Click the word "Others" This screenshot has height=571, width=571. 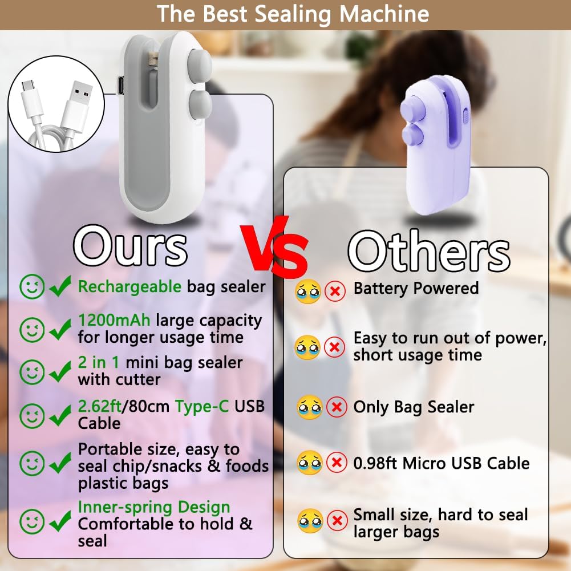(429, 252)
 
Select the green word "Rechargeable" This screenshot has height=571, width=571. (129, 286)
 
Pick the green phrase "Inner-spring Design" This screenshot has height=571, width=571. (154, 507)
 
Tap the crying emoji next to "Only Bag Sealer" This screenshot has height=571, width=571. (310, 407)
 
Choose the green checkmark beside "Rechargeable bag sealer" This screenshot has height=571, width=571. (60, 286)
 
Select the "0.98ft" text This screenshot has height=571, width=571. (376, 463)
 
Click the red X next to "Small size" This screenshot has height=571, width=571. (337, 520)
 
